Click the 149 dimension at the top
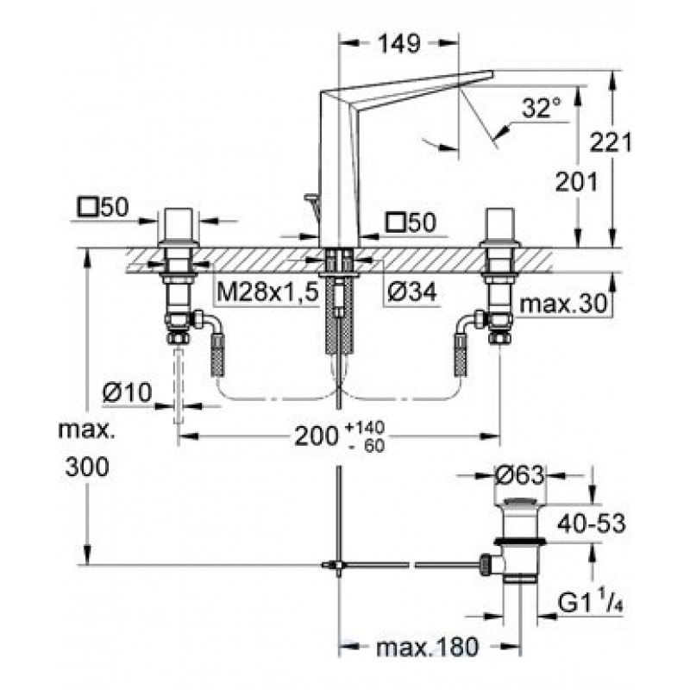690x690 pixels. click(399, 44)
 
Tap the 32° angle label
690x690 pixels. click(542, 108)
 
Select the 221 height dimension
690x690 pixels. click(611, 142)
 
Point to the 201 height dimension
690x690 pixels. click(576, 181)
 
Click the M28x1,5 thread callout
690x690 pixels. click(267, 292)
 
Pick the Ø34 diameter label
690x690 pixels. click(412, 292)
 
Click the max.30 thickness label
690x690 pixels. click(563, 304)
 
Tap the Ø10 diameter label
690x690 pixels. click(127, 392)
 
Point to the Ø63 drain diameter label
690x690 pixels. click(520, 475)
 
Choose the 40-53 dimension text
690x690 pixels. click(591, 524)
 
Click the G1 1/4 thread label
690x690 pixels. click(591, 603)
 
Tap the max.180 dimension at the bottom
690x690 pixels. click(427, 648)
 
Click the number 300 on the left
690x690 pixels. click(87, 467)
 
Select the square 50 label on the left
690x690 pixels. click(103, 207)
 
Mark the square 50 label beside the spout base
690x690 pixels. click(411, 223)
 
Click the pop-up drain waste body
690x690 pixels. click(520, 543)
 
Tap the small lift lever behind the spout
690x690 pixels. click(312, 204)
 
